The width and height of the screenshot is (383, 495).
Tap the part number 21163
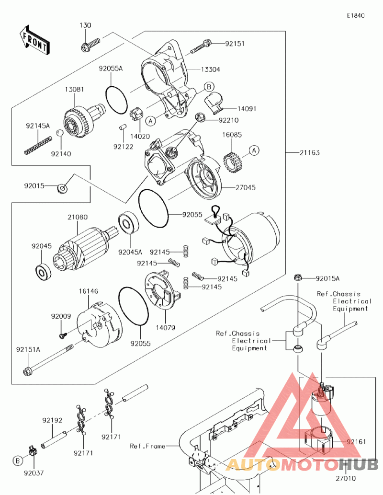pyautogui.click(x=309, y=153)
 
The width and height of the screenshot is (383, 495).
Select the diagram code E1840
pyautogui.click(x=356, y=15)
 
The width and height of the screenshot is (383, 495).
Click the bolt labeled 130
pyautogui.click(x=90, y=45)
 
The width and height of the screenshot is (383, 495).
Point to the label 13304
pyautogui.click(x=211, y=69)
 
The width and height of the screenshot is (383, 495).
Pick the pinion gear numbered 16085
pyautogui.click(x=234, y=161)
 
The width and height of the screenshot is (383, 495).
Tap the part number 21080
pyautogui.click(x=77, y=217)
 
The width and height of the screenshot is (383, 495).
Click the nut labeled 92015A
pyautogui.click(x=297, y=277)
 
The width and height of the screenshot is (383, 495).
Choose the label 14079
pyautogui.click(x=165, y=328)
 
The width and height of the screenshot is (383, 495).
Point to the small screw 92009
pyautogui.click(x=62, y=335)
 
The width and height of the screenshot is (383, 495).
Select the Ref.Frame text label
pyautogui.click(x=147, y=446)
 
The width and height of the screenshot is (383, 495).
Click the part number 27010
pyautogui.click(x=346, y=478)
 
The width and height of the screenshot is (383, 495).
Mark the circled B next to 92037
pyautogui.click(x=18, y=460)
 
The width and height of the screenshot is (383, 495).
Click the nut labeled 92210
pyautogui.click(x=200, y=117)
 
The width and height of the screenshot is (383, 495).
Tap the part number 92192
pyautogui.click(x=52, y=421)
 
